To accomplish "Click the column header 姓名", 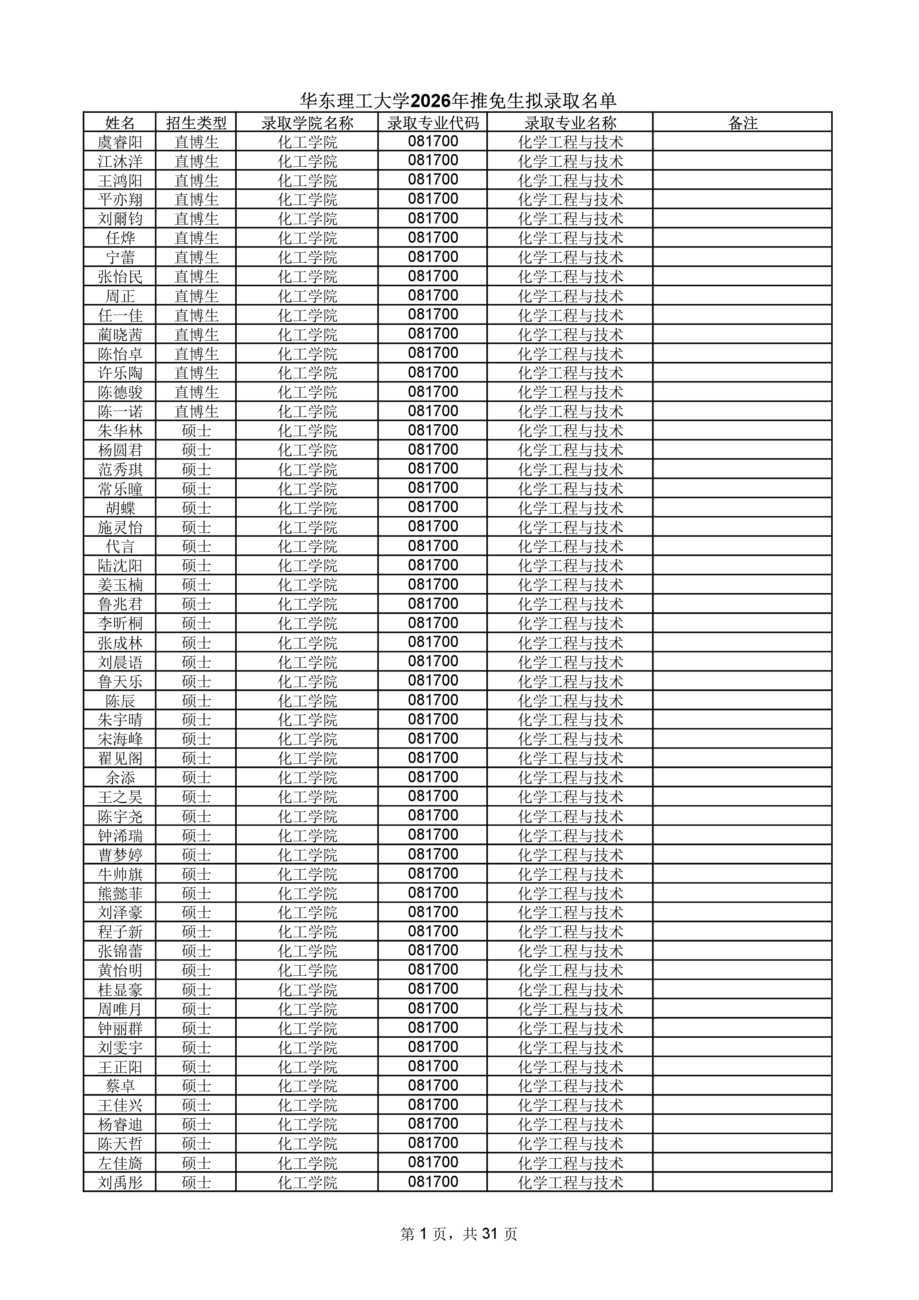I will coord(120,123).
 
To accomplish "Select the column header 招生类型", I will coord(196,123).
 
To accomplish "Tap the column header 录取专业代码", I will coord(433,123).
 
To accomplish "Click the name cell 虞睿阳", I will coord(120,142).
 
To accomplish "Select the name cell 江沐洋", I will coord(120,161).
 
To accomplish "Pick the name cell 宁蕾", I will coord(120,258).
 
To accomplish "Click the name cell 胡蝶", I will coord(120,508).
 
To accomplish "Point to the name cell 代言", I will coord(120,546).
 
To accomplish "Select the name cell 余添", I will coord(120,777).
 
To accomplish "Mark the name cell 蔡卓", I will coord(120,1085).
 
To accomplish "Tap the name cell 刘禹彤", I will coord(120,1182).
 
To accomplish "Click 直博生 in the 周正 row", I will coord(196,296).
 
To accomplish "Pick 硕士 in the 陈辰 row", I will coord(196,700).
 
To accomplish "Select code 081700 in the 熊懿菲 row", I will coord(433,893).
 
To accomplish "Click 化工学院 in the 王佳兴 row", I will coord(307,1105).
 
